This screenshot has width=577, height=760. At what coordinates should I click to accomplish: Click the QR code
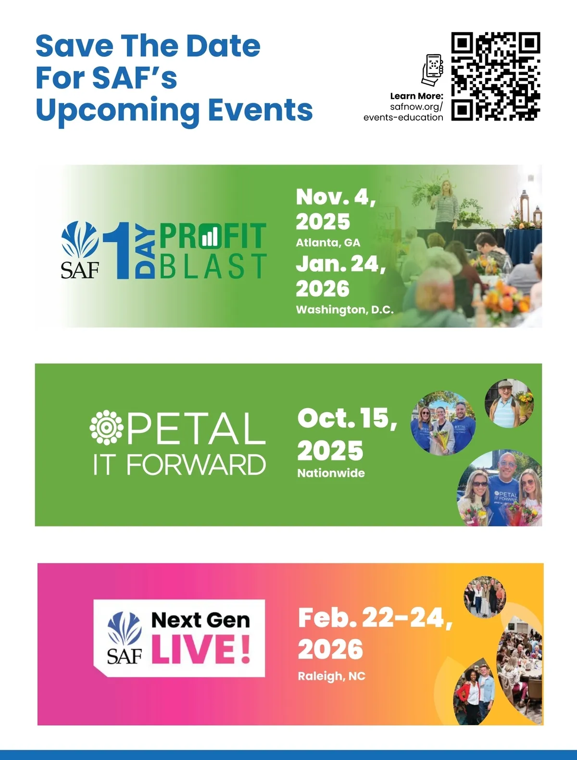coord(496,76)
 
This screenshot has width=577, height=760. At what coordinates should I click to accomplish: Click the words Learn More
coord(416,96)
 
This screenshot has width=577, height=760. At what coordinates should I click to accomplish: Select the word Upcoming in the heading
coord(117,110)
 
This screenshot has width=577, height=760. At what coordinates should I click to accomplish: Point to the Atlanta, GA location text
coord(328,243)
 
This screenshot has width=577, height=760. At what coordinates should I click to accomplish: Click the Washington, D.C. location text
coord(345,309)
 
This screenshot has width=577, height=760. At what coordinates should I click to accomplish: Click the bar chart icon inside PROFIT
coord(210,237)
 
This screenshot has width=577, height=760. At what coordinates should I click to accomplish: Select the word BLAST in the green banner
coord(213,266)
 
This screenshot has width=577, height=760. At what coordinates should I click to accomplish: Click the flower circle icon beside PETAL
coord(106,427)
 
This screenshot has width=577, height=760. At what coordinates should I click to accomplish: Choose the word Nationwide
coord(331,473)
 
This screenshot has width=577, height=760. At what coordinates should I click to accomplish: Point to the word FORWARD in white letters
coord(196,465)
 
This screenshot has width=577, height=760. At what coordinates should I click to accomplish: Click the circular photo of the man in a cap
coord(509,404)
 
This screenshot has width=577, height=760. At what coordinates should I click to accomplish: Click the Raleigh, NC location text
coord(332,676)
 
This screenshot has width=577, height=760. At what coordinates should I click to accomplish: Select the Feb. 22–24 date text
coord(376,619)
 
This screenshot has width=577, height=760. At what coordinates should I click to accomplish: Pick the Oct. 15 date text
coord(347,418)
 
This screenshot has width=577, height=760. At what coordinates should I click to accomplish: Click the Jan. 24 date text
coord(340,264)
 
